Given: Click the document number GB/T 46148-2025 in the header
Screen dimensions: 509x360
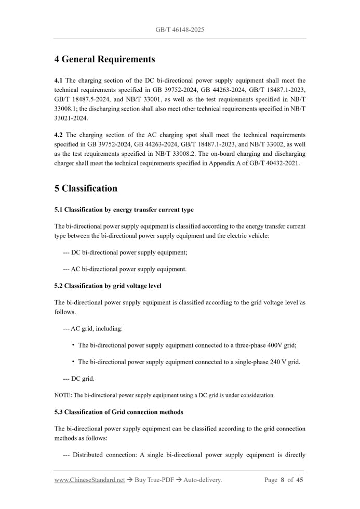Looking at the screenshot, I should (x=180, y=30).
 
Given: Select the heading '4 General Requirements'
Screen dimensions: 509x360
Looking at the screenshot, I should (x=104, y=59).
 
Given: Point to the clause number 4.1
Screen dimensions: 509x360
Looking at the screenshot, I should (x=59, y=81).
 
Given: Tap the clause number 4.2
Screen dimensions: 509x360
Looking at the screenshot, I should (x=59, y=135).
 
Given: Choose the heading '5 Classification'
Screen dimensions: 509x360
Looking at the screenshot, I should (x=86, y=188).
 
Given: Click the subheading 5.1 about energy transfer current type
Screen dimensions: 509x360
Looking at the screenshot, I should (x=124, y=210).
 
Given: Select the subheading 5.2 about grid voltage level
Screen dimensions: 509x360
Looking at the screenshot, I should (x=111, y=286).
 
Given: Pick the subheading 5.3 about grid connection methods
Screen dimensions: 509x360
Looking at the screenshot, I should (x=118, y=412).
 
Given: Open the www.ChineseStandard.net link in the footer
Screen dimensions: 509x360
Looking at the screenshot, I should (x=89, y=480).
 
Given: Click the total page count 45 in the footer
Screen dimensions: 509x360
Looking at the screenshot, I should (x=300, y=480).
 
